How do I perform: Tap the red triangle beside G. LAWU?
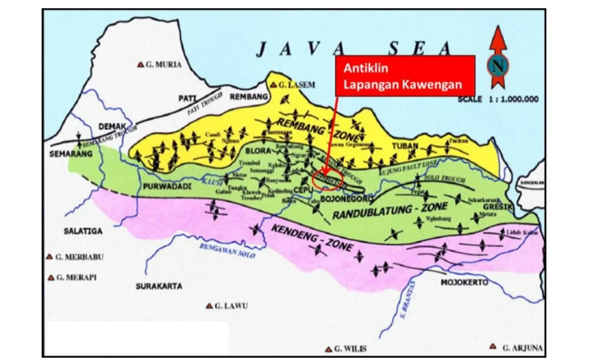tap(209, 306)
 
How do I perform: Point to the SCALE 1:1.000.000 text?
tap(497, 99)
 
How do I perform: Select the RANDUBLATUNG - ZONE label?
tap(390, 211)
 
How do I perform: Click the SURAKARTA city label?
tap(159, 286)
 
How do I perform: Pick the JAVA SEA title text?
tap(353, 49)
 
